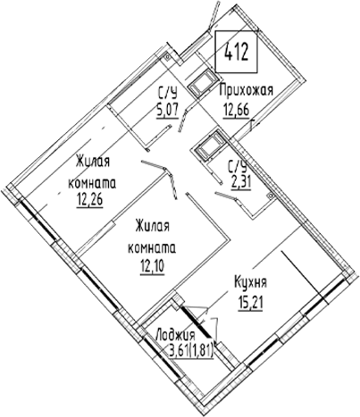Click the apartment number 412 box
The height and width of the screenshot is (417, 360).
[236, 52]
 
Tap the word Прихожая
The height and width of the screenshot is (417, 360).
[246, 90]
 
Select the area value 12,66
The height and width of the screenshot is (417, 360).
[236, 111]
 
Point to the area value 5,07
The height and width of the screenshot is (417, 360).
[168, 110]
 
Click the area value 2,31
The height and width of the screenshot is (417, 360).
[241, 182]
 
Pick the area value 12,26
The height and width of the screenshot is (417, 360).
[89, 200]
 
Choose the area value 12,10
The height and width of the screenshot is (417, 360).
[152, 267]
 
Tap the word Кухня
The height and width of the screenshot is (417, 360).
[250, 282]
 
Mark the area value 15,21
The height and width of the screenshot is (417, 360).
[250, 304]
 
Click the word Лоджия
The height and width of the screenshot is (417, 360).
[176, 336]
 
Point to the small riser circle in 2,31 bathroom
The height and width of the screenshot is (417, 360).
[271, 196]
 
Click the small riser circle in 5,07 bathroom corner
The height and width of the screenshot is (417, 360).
[167, 56]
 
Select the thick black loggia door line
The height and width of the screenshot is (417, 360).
[197, 321]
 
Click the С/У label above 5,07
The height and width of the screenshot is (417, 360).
[168, 94]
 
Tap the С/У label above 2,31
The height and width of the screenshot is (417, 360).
[238, 167]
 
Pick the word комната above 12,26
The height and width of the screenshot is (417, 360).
[92, 183]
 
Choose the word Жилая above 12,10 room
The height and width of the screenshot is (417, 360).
[152, 227]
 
